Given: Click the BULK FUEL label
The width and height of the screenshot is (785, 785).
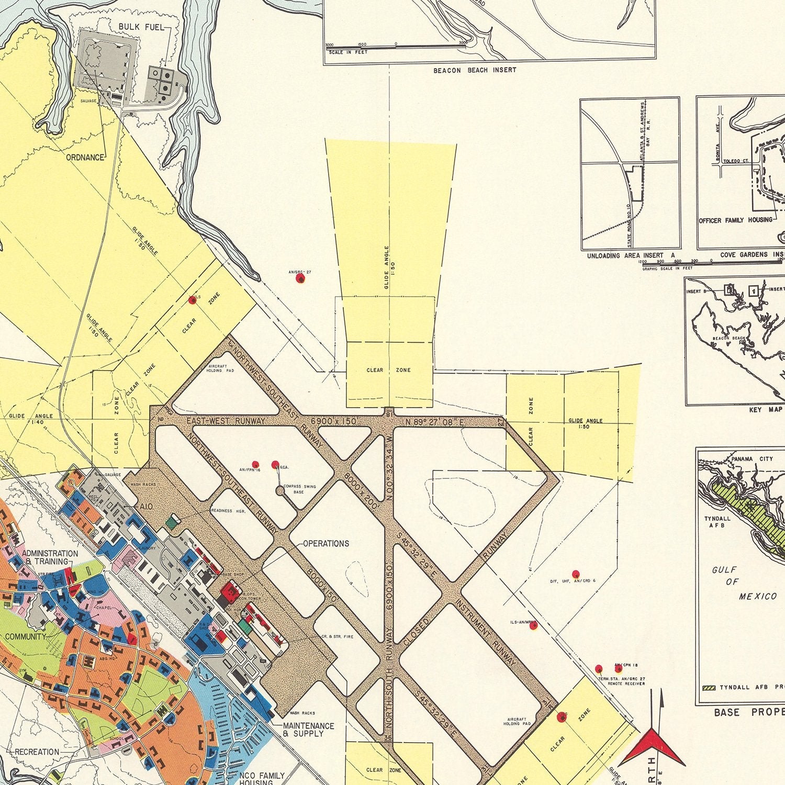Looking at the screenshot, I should [141, 26].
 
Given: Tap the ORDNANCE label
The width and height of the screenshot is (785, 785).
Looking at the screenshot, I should [85, 157].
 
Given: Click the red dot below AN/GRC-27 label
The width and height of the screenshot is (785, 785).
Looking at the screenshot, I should [300, 279].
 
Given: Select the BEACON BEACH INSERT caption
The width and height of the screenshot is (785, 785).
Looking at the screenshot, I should [474, 70].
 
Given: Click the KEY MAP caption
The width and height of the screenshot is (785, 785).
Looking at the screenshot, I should [766, 410].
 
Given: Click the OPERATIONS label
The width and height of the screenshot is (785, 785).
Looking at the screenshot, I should [326, 543].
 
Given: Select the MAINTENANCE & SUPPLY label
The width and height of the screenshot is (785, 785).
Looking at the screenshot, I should [308, 730].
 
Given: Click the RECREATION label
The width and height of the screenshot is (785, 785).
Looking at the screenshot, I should [37, 752].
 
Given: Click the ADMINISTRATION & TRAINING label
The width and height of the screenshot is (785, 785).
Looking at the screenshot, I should [50, 557].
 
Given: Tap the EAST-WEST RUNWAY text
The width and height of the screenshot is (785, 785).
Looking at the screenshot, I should [226, 421].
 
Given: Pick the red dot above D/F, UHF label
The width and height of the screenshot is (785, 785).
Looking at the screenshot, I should [576, 574].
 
